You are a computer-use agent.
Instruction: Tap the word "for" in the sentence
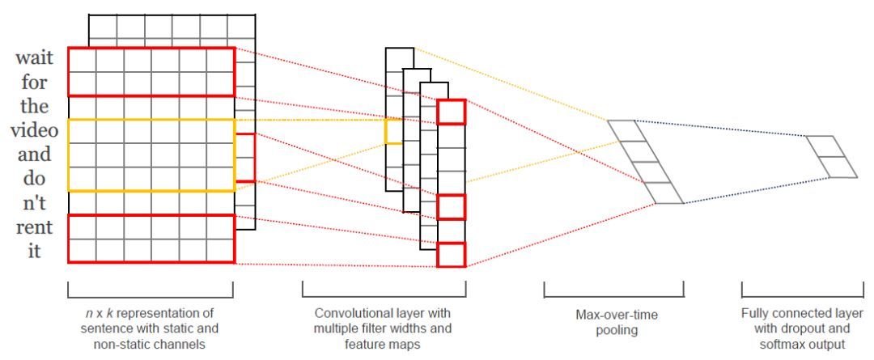pos(34,82)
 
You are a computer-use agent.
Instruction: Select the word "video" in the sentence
pos(34,130)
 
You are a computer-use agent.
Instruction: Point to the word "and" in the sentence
pos(34,154)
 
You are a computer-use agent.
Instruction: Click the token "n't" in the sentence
pos(34,203)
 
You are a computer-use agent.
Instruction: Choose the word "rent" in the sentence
pos(34,227)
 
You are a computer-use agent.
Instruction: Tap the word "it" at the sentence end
pos(35,251)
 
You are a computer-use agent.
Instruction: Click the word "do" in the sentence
pos(34,178)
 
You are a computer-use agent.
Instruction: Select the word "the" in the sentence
pos(34,105)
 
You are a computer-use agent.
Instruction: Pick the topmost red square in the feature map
pos(451,112)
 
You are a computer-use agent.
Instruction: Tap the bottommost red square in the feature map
pos(451,255)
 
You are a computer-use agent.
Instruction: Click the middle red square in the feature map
pos(451,207)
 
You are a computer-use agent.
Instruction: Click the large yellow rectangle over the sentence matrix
pos(69,155)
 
